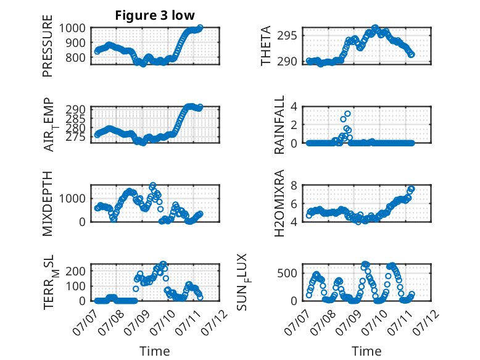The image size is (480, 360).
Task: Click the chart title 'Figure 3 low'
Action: point(155,15)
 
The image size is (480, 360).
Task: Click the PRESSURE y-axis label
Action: point(48,46)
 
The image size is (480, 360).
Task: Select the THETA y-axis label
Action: point(266,46)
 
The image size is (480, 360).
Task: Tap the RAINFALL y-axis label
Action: point(279,125)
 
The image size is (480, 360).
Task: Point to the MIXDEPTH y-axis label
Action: point(48,204)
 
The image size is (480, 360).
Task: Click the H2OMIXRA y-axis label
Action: point(279,203)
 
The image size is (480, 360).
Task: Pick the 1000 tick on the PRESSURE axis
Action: point(72,28)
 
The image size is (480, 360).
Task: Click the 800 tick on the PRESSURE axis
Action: point(76,57)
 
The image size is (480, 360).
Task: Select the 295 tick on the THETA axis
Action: point(287,36)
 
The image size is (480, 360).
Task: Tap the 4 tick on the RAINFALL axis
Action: point(294,107)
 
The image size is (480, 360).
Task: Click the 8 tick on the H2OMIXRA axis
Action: point(294,185)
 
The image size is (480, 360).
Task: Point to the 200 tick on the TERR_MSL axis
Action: point(76,271)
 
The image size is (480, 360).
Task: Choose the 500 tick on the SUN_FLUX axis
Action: point(287,274)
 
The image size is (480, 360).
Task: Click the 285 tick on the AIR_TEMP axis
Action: point(76,119)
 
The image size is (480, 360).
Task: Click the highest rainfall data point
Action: point(347,114)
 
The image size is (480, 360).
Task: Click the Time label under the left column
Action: point(155,351)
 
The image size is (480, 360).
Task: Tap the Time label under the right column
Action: point(366,351)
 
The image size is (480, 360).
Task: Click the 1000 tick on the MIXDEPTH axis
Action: point(72,199)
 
